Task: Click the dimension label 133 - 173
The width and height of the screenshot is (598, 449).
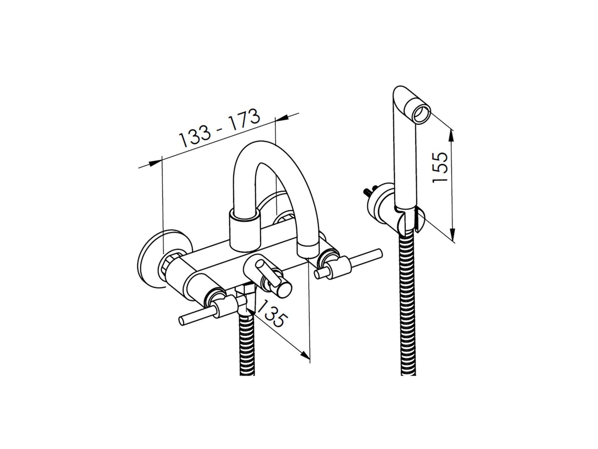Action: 219,128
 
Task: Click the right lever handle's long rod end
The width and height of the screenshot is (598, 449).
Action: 379,253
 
